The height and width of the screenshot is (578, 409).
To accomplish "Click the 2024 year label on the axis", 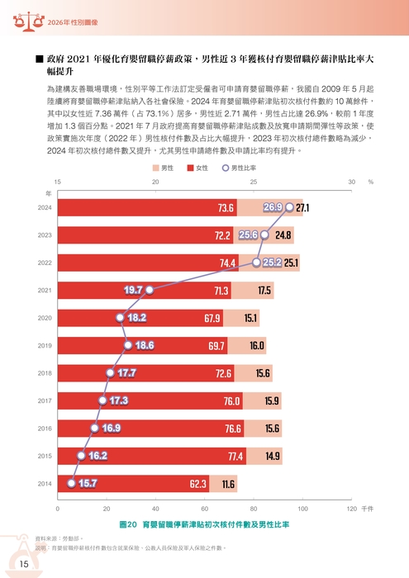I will click(45, 208).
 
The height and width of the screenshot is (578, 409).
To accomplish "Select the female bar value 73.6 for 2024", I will click(226, 208).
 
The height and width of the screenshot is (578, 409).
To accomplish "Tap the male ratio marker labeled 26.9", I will click(273, 207).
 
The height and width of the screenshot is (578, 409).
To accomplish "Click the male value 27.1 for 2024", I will click(302, 208).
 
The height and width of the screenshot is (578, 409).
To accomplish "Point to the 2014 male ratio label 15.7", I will click(87, 483).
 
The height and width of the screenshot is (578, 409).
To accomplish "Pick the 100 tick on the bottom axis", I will click(302, 509).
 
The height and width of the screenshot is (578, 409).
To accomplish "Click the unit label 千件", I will click(368, 509).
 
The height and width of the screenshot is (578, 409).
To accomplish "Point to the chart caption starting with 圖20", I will click(204, 524).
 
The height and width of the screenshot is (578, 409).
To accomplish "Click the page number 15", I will click(25, 563).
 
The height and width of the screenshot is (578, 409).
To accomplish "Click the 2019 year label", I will click(45, 346).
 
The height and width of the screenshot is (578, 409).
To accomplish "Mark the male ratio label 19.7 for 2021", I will click(133, 290).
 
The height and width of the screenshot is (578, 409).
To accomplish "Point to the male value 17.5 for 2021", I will click(264, 291).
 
